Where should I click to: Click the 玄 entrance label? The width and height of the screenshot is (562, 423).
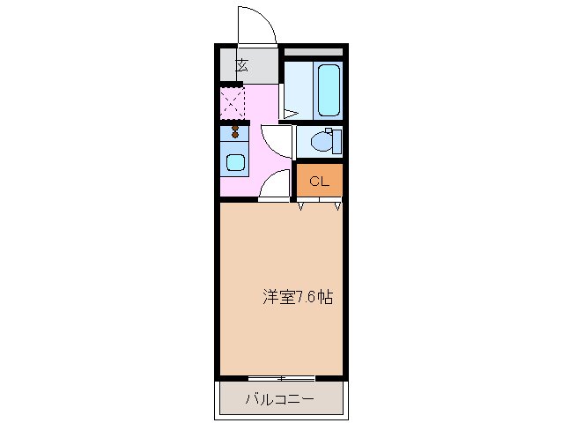(240, 63)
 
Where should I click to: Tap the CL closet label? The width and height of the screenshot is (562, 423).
(318, 182)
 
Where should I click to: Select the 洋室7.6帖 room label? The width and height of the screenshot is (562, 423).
(297, 296)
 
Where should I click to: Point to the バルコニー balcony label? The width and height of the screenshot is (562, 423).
(278, 400)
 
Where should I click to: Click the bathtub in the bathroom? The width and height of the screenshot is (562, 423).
(329, 90)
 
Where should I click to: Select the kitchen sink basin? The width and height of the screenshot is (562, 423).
(235, 161)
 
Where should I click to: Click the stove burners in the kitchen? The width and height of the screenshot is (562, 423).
(235, 133)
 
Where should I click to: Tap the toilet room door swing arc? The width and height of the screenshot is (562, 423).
(276, 139)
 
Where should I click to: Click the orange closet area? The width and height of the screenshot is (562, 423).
(319, 182)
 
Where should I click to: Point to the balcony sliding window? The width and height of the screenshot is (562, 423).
(280, 379)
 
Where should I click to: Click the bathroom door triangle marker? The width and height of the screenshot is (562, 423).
(288, 112)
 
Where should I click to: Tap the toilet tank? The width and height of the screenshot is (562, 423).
(335, 141)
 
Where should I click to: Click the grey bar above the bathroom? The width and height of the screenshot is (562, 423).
(313, 52)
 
